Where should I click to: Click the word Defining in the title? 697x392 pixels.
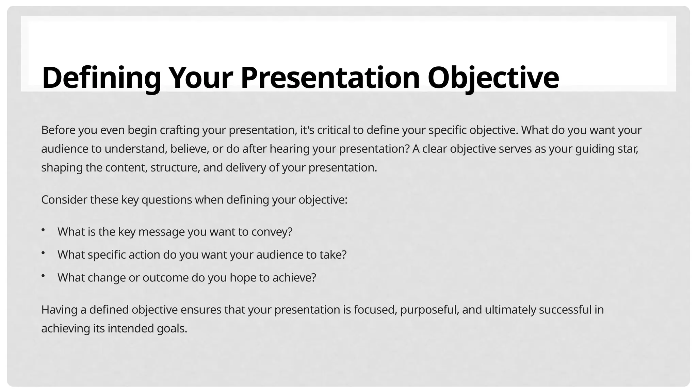coord(101,78)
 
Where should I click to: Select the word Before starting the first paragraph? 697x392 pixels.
coord(58,130)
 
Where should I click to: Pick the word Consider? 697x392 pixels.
coord(64,200)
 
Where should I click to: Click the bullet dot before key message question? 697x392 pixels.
coord(43,231)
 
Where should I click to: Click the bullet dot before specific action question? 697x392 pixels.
coord(43,254)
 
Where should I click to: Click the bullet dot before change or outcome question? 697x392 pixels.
coord(43,276)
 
